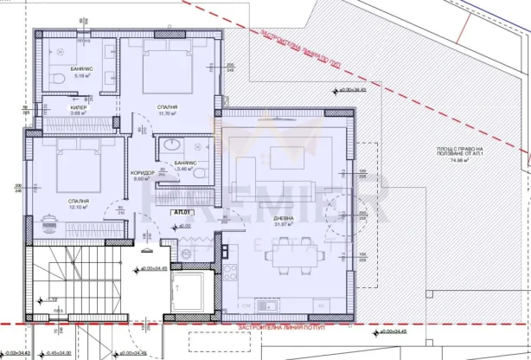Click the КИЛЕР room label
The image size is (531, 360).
click(79, 109)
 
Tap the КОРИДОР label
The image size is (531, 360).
click(142, 172)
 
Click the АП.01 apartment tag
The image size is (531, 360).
click(182, 212)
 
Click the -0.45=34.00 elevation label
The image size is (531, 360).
click(58, 353)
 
